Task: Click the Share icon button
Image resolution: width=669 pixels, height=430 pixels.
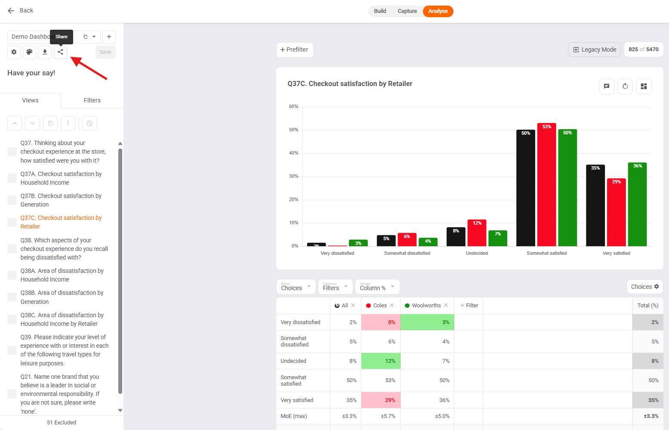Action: [x=60, y=52]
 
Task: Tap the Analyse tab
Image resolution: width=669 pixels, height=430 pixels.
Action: [x=438, y=11]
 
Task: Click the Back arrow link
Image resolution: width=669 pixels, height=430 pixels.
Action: [x=20, y=10]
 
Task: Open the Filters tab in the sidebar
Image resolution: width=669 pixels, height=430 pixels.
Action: [x=92, y=100]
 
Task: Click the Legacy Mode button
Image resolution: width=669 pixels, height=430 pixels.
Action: [x=594, y=49]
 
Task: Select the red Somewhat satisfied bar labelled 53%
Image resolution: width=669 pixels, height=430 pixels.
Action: [x=546, y=185]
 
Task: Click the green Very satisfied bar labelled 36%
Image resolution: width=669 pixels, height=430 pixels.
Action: [x=637, y=204]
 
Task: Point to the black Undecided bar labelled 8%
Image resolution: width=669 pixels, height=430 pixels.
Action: [x=456, y=237]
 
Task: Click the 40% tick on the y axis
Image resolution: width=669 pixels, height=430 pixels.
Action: [x=293, y=153]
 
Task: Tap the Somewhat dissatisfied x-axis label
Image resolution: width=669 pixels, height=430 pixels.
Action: [x=407, y=253]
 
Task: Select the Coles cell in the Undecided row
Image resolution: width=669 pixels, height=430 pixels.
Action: [x=381, y=361]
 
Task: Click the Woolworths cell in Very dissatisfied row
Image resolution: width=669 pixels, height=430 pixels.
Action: [x=427, y=322]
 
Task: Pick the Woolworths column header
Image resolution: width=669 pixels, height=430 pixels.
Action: [x=426, y=306]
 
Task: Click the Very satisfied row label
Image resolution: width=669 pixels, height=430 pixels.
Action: [x=297, y=400]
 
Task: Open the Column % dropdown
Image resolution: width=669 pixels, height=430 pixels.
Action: [x=377, y=287]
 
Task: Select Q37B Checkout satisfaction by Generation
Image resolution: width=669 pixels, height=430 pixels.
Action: [x=61, y=200]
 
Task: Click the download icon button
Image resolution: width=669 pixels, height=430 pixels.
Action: [x=45, y=52]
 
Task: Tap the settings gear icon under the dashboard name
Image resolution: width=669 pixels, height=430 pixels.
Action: [x=14, y=52]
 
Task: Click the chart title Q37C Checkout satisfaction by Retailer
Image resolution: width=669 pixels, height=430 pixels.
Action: [x=350, y=84]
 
